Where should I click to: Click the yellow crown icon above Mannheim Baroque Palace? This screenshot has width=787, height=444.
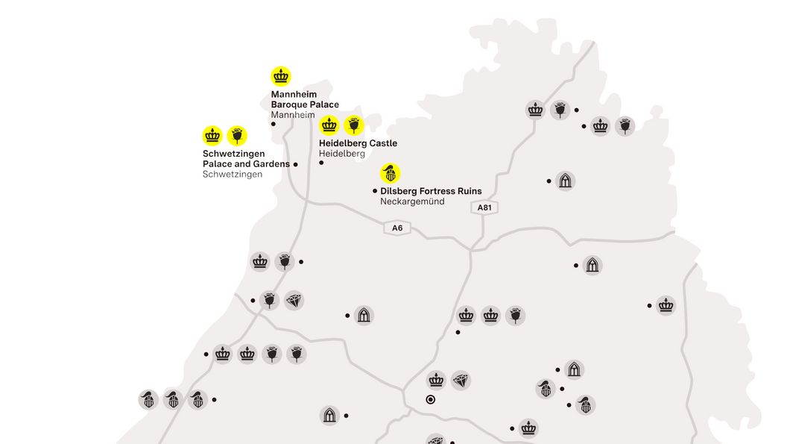click(x=281, y=76)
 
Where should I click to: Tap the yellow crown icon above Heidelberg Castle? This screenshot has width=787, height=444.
click(x=329, y=125)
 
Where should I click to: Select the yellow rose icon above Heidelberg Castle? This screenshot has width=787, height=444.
click(x=354, y=125)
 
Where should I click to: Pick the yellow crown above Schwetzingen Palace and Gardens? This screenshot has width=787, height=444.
click(x=212, y=135)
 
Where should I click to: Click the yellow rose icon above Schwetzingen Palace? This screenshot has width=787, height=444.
click(x=237, y=135)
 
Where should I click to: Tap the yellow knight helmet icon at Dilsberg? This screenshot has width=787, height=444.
click(x=390, y=173)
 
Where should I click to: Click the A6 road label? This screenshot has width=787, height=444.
click(x=397, y=228)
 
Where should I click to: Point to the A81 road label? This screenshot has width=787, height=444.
click(x=484, y=207)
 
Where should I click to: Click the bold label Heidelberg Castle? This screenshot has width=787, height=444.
click(x=358, y=143)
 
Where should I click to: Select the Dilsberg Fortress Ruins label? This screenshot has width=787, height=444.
click(x=431, y=192)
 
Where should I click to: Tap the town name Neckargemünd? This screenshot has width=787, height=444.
click(x=412, y=201)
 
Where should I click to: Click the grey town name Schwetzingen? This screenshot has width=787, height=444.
click(x=233, y=174)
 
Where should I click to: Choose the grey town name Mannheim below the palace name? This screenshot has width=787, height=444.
click(x=293, y=115)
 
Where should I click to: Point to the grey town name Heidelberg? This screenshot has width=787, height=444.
click(x=342, y=154)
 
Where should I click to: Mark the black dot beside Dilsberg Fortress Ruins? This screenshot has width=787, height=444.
click(x=375, y=191)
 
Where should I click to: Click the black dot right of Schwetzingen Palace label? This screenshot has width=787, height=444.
click(x=296, y=164)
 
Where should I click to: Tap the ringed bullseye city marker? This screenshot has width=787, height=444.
click(x=430, y=400)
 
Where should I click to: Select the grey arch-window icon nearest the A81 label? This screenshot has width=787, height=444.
click(x=566, y=181)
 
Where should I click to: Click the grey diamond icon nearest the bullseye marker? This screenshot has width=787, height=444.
click(x=461, y=381)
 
